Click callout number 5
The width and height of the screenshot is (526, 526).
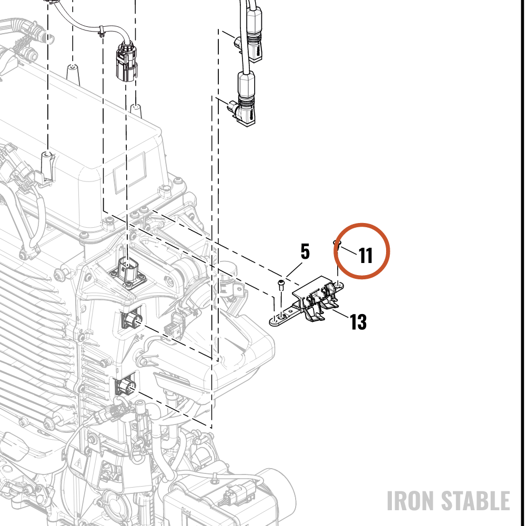305,251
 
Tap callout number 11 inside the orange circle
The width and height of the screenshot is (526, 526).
366,256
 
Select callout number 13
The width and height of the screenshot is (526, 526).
358,322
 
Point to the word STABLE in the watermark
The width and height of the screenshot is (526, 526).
476,501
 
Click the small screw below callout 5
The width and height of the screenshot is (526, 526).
281,286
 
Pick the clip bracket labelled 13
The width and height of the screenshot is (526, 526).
307,301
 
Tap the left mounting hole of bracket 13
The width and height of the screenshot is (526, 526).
281,317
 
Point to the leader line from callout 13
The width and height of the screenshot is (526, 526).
340,314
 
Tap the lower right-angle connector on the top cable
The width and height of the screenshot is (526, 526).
243,103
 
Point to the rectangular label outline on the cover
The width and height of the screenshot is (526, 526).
130,172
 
